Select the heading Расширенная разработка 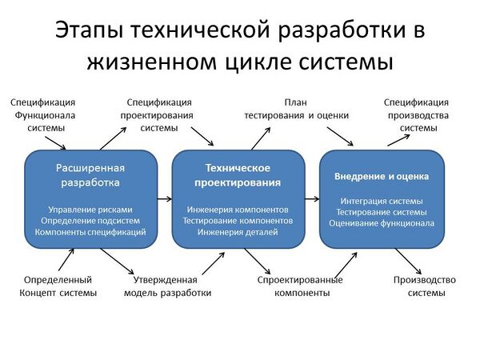click(90, 175)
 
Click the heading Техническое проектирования click(238, 175)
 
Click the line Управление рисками click(90, 210)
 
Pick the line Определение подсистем click(90, 221)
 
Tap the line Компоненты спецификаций click(90, 232)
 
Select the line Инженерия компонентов click(238, 210)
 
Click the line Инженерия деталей click(238, 232)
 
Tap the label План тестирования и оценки click(296, 109)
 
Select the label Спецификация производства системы click(417, 115)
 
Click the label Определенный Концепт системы click(58, 286)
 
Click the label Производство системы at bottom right click(424, 286)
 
